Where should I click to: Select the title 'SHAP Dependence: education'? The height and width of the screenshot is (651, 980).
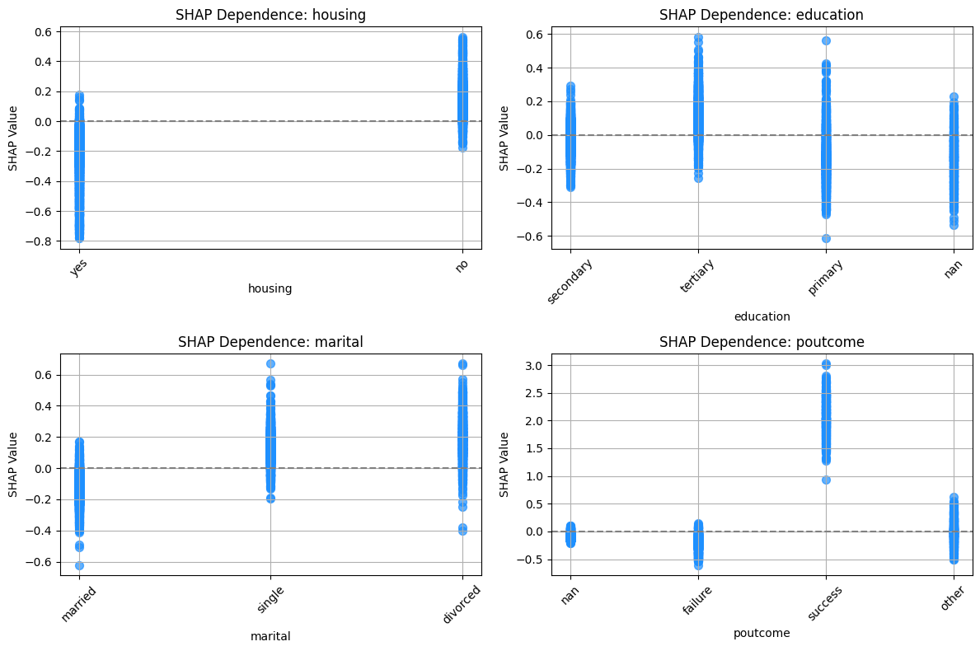pos(762,14)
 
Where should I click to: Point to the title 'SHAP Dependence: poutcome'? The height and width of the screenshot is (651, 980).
pos(762,342)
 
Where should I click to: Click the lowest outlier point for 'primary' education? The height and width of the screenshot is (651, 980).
pos(826,239)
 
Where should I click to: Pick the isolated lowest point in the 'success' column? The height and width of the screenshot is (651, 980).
pos(826,480)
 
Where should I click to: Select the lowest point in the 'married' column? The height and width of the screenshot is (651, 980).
pos(79,565)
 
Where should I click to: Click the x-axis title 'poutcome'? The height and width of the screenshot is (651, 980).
pos(762,634)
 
